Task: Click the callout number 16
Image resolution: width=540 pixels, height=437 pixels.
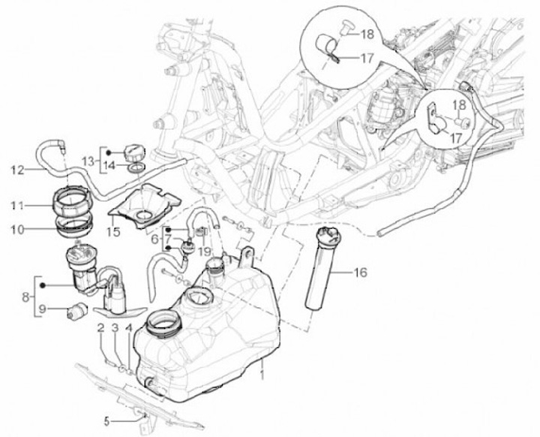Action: [361, 273]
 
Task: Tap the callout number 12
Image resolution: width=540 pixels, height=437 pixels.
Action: [16, 170]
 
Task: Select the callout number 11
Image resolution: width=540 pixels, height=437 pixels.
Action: [16, 203]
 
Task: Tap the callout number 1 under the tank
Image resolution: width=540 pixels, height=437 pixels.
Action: [263, 372]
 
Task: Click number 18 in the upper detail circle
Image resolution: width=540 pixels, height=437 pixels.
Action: [369, 35]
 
